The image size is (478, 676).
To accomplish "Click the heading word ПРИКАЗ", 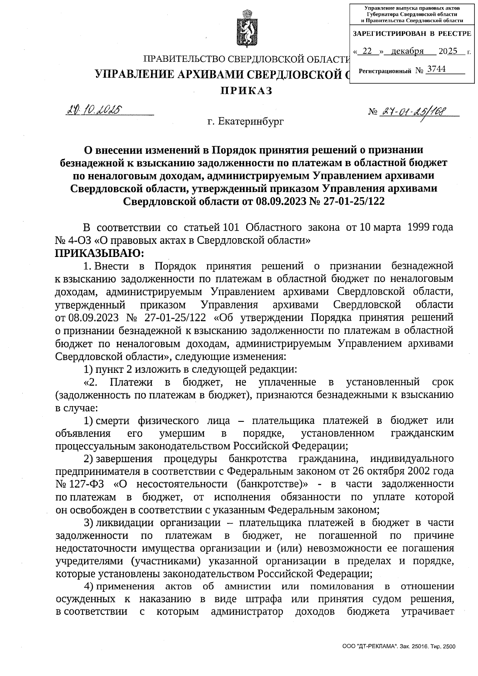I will pos(247,91).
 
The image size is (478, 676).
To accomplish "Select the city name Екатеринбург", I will pos(251,121).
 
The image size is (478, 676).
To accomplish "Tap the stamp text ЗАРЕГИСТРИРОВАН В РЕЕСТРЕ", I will pos(412,33).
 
